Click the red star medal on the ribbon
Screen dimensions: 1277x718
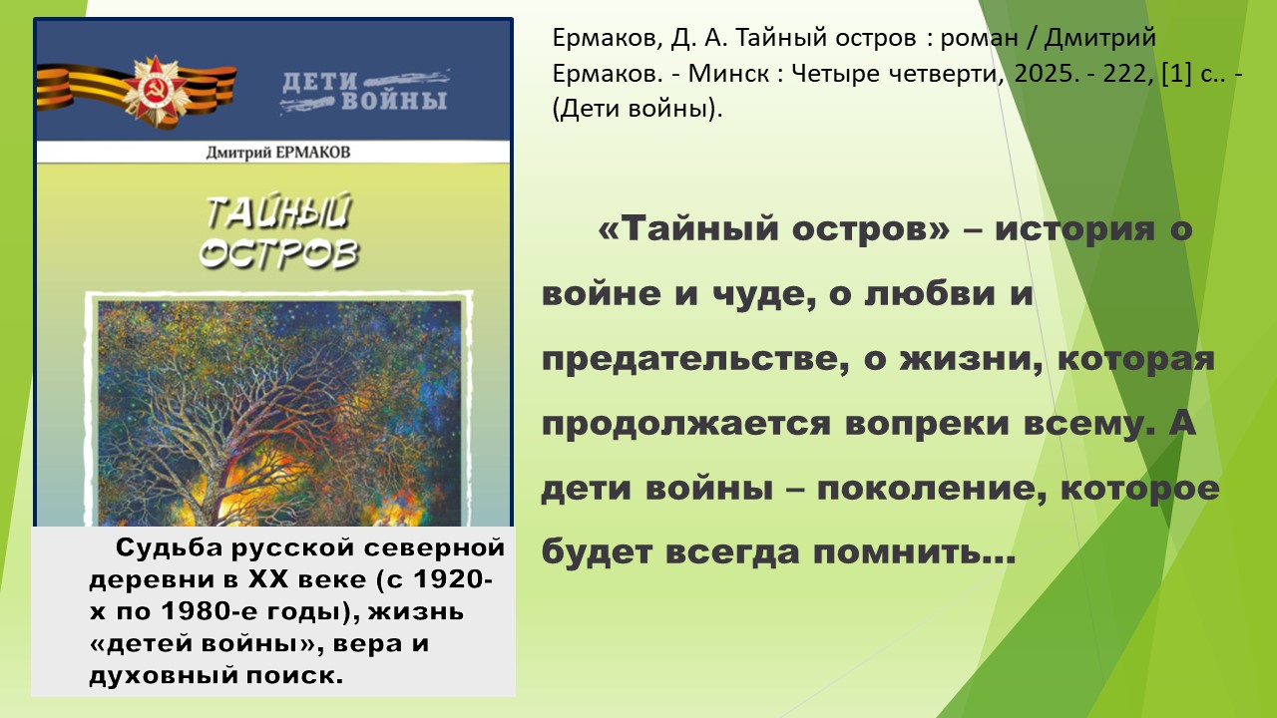[x=155, y=91]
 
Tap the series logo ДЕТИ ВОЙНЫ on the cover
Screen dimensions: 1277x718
[x=365, y=91]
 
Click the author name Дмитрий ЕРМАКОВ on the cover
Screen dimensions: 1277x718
[x=278, y=153]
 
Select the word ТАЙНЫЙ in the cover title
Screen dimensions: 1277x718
[x=278, y=211]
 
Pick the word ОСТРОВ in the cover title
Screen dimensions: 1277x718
[x=279, y=253]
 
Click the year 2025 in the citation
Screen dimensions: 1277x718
[x=1043, y=74]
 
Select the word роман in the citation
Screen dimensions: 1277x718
[x=979, y=39]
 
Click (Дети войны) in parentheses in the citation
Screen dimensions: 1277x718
[x=638, y=109]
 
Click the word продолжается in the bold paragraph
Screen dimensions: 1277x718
[x=685, y=425]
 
